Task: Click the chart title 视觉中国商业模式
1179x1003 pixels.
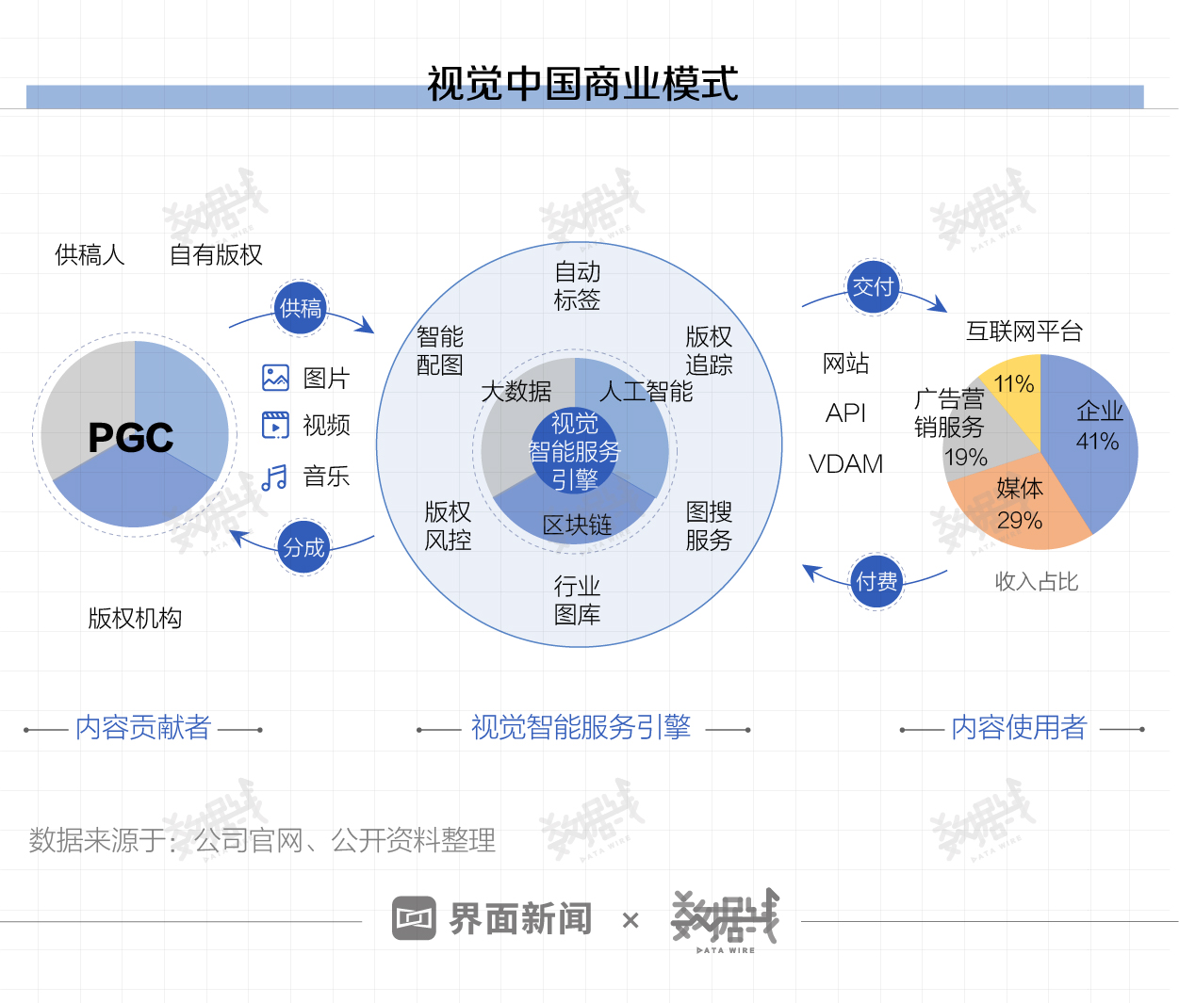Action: [582, 84]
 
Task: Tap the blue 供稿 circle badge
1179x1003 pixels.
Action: [301, 308]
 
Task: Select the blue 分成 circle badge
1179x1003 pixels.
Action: [303, 547]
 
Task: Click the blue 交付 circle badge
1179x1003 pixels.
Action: [873, 286]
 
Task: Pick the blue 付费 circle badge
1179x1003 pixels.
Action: [876, 582]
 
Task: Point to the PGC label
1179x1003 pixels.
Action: [131, 437]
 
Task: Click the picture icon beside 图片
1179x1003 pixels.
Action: [275, 378]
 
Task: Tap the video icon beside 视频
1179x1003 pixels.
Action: [275, 425]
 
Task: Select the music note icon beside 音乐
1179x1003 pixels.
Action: [274, 477]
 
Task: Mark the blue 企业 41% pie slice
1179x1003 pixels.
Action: [1093, 433]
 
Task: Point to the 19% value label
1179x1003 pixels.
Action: [966, 458]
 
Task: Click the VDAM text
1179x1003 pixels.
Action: [846, 463]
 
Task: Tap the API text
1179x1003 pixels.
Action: [845, 413]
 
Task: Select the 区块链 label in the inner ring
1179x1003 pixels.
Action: [577, 525]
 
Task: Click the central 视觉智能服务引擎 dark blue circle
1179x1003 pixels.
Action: [575, 451]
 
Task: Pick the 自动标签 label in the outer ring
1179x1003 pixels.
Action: [577, 286]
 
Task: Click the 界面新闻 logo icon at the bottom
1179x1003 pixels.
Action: [414, 918]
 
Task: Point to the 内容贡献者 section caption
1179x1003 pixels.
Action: [143, 727]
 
